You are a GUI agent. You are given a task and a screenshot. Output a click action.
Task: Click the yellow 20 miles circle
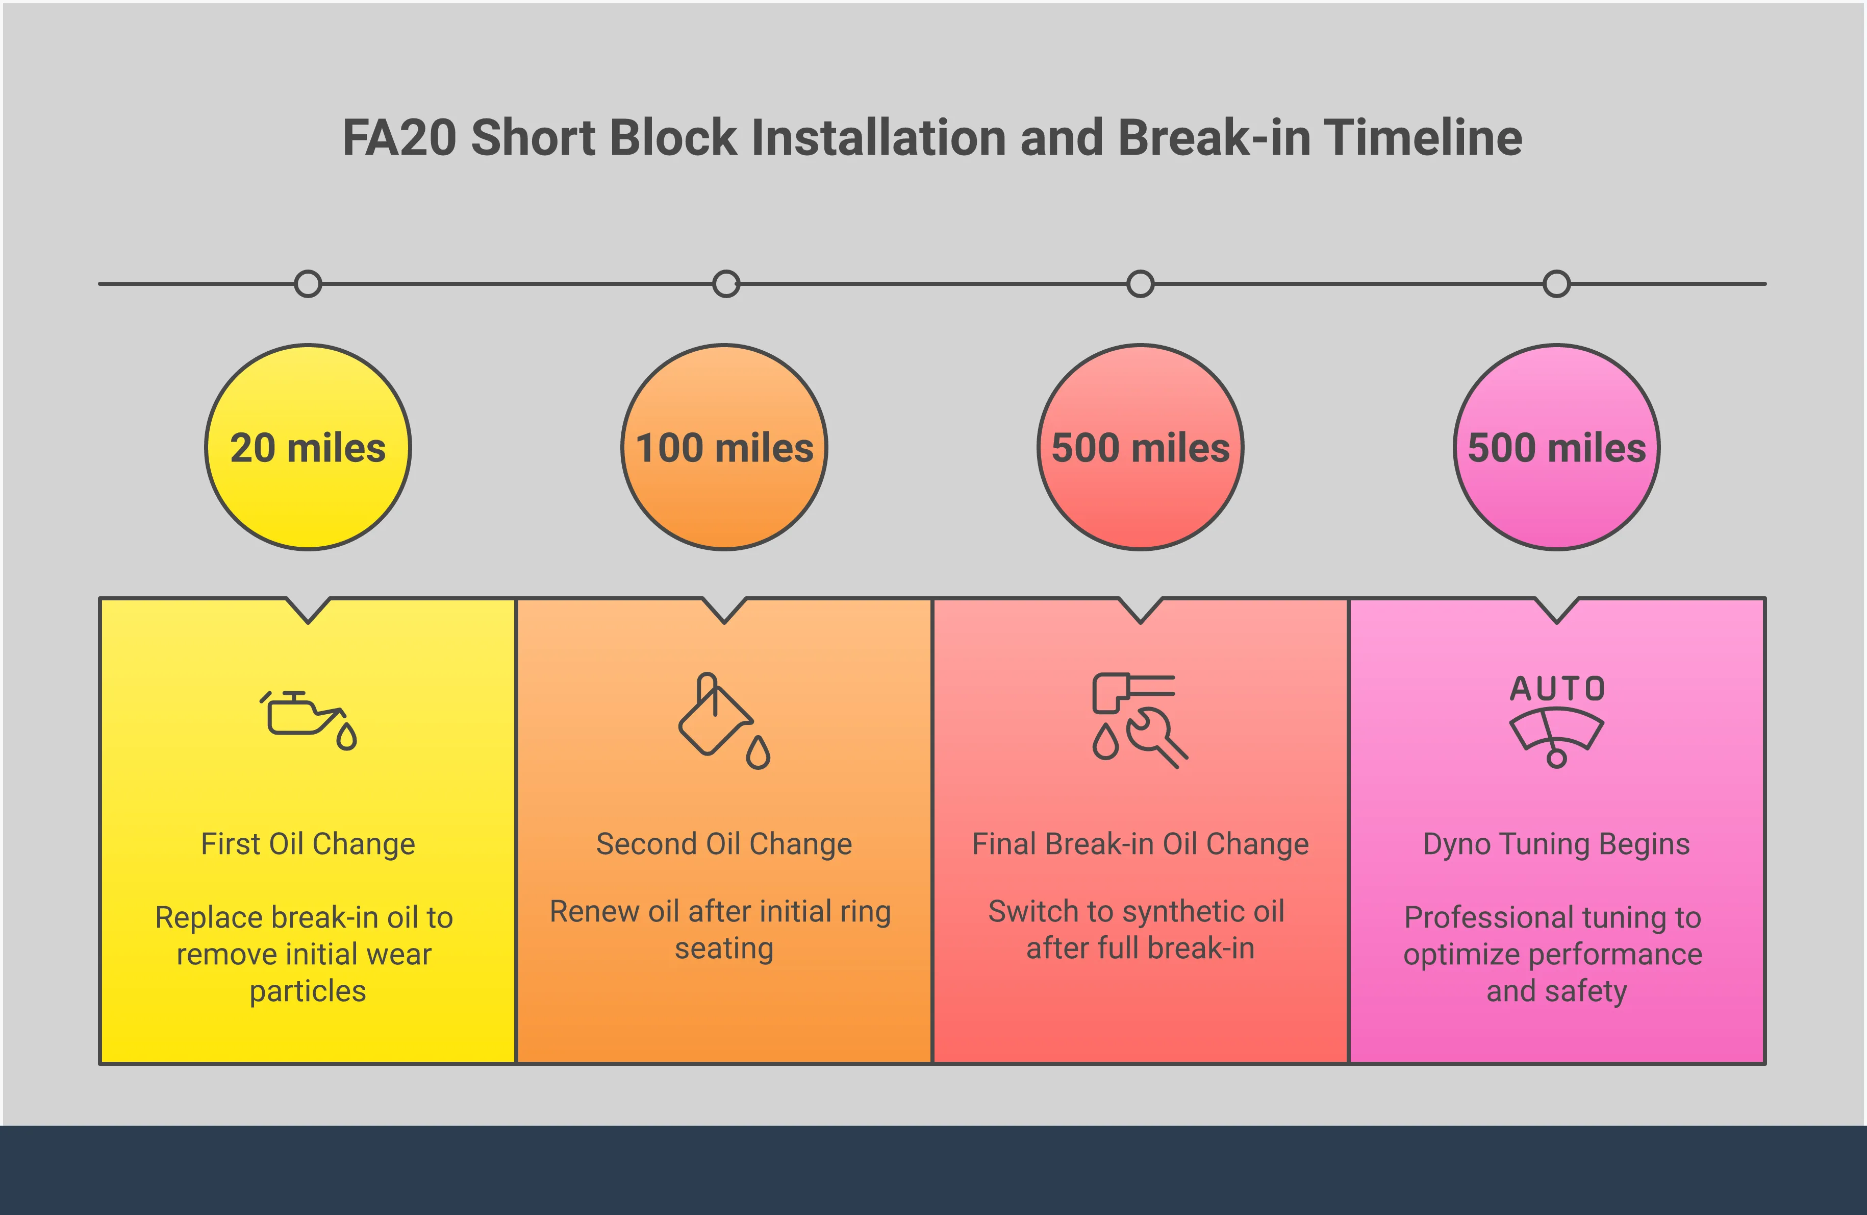click(308, 447)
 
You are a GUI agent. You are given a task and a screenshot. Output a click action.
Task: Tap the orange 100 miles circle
click(724, 447)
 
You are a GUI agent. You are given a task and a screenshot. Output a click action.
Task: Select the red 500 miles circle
click(1141, 447)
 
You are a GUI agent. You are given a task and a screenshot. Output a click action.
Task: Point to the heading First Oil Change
click(308, 844)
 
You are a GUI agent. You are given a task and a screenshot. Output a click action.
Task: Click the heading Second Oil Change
click(724, 844)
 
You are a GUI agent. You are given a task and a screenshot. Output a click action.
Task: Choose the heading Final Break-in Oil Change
click(1141, 844)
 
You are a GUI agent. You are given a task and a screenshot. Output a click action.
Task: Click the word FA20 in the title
click(399, 138)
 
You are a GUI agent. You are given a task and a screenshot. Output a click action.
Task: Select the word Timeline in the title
click(1423, 138)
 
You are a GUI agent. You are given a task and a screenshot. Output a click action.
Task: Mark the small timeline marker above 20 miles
click(308, 283)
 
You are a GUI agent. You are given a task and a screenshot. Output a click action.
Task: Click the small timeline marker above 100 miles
click(725, 283)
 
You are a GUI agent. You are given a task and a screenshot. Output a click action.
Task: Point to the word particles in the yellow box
click(308, 991)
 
